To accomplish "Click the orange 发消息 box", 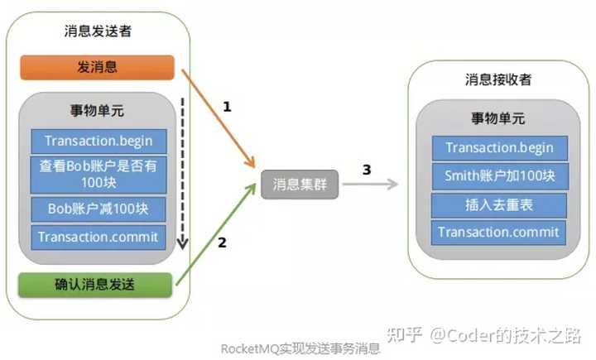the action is pyautogui.click(x=98, y=67).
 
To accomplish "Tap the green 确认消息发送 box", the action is pyautogui.click(x=95, y=285).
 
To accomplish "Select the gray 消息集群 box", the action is pyautogui.click(x=300, y=185).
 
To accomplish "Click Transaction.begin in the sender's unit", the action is pyautogui.click(x=99, y=142).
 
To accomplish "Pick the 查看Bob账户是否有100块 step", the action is pyautogui.click(x=99, y=175).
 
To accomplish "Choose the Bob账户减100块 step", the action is pyautogui.click(x=99, y=209).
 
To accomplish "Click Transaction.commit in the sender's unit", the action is pyautogui.click(x=99, y=238).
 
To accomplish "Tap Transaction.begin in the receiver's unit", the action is pyautogui.click(x=500, y=148).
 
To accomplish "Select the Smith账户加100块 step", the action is pyautogui.click(x=500, y=176).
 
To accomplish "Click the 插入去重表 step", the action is pyautogui.click(x=499, y=205).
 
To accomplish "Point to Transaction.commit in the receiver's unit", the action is pyautogui.click(x=498, y=233).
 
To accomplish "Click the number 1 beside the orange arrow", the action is pyautogui.click(x=227, y=107).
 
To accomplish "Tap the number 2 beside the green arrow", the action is pyautogui.click(x=222, y=242).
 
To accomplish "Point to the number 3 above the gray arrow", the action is pyautogui.click(x=367, y=170).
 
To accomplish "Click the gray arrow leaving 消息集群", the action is pyautogui.click(x=370, y=185).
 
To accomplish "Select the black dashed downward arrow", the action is pyautogui.click(x=183, y=173).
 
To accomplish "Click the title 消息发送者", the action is pyautogui.click(x=98, y=31).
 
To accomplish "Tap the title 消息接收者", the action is pyautogui.click(x=498, y=79).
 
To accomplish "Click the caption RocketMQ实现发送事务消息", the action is pyautogui.click(x=300, y=348).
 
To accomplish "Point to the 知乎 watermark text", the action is pyautogui.click(x=405, y=335).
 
